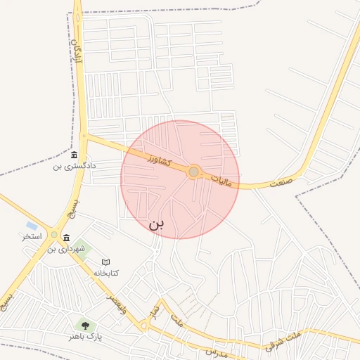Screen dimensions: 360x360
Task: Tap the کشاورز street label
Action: [160, 161]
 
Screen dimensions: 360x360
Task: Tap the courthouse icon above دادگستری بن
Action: [75, 155]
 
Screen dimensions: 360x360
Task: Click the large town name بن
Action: [156, 224]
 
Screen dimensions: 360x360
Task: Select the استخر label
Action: [32, 237]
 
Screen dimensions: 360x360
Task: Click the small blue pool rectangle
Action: [32, 226]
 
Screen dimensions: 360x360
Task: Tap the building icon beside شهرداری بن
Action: [66, 238]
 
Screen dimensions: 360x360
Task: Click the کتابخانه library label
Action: [106, 273]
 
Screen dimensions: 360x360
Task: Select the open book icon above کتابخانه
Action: [106, 262]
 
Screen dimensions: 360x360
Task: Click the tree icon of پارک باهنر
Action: [85, 326]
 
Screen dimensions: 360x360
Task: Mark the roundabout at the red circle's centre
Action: [193, 172]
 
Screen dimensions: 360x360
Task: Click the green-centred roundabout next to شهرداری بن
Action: [54, 234]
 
